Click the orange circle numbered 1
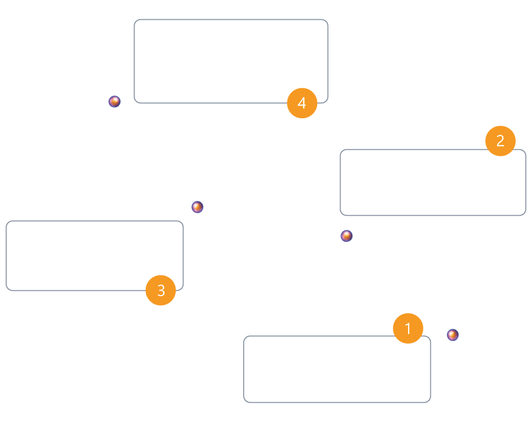click(x=408, y=328)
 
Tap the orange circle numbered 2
click(x=501, y=141)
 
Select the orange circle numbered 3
click(x=161, y=290)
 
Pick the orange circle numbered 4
click(x=302, y=103)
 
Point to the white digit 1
click(x=408, y=329)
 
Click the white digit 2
click(x=501, y=141)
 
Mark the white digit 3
click(x=161, y=290)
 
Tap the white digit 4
click(x=302, y=103)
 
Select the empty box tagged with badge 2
click(x=433, y=182)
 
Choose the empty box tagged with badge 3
click(x=95, y=256)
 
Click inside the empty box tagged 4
click(x=231, y=61)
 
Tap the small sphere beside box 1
click(x=453, y=335)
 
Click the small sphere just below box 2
click(x=346, y=236)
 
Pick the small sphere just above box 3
click(x=197, y=207)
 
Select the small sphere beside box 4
click(x=115, y=102)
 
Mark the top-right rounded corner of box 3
click(x=181, y=223)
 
